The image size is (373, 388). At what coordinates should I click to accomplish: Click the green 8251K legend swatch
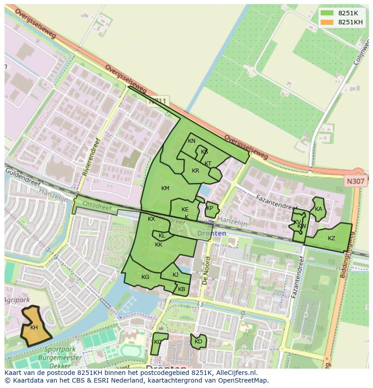click(x=327, y=14)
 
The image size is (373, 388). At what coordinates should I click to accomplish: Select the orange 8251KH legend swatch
click(x=327, y=23)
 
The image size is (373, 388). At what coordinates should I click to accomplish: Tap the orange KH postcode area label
click(x=34, y=328)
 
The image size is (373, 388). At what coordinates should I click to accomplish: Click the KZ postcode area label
click(x=331, y=238)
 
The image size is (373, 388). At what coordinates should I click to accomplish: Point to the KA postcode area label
click(x=318, y=209)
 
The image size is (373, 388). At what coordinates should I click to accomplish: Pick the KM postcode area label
click(x=165, y=188)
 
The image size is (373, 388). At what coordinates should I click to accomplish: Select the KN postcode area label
click(x=191, y=141)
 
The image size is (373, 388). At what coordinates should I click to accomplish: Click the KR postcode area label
click(x=196, y=171)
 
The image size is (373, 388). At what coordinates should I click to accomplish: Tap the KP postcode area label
click(x=209, y=208)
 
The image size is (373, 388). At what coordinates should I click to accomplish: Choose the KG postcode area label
click(x=145, y=277)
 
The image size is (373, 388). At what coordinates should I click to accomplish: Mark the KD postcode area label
click(x=198, y=342)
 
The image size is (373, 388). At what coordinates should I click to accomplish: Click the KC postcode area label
click(x=158, y=342)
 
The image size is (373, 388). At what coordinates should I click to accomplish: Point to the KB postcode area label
click(x=182, y=289)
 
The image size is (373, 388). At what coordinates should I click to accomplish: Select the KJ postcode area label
click(x=175, y=275)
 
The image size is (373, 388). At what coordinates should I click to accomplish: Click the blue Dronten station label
click(x=212, y=233)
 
